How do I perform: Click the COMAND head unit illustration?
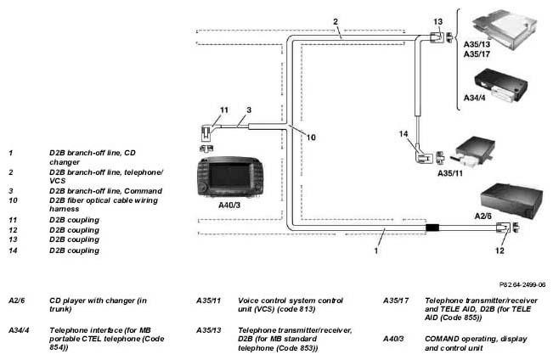(x=230, y=177)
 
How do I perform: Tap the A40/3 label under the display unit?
(x=229, y=205)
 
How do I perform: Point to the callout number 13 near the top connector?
(x=437, y=22)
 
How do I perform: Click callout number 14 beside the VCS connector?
(x=403, y=134)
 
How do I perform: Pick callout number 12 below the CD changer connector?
(x=499, y=250)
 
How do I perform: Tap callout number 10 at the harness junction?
(x=311, y=138)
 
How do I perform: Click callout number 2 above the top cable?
(x=336, y=22)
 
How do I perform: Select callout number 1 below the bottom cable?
(x=376, y=250)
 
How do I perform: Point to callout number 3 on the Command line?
(x=249, y=110)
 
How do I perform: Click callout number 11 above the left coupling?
(x=224, y=110)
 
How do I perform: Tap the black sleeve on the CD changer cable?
(x=432, y=228)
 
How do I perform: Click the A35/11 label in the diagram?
(x=450, y=173)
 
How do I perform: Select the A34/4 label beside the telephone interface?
(x=474, y=98)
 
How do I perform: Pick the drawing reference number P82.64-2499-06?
(x=522, y=284)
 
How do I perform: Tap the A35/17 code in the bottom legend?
(x=396, y=301)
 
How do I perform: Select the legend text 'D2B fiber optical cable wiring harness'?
(x=104, y=205)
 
